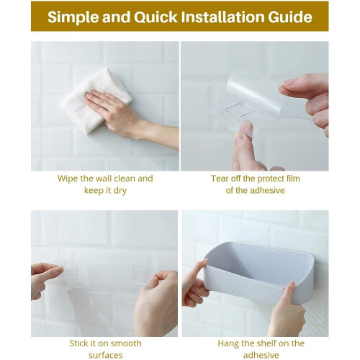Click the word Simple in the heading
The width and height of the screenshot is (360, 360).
(x=73, y=17)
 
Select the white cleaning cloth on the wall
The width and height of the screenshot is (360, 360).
(x=96, y=101)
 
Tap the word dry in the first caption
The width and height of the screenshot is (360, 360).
(x=120, y=191)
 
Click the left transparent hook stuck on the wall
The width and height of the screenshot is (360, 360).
(x=73, y=269)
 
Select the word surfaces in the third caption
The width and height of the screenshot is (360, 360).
(x=106, y=356)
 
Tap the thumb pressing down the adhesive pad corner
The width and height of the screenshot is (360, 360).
(x=246, y=131)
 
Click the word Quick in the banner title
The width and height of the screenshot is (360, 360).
(x=156, y=17)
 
